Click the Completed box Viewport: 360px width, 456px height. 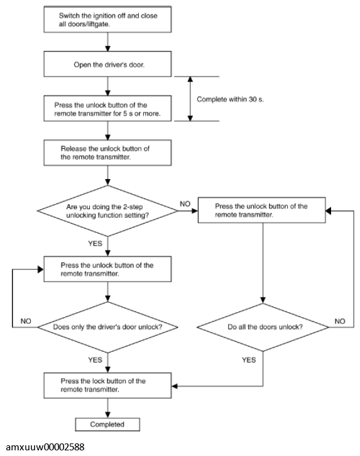107,425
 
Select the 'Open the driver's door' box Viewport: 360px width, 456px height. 107,64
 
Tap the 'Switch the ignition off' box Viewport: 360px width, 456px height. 107,19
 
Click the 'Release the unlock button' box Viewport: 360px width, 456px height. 107,153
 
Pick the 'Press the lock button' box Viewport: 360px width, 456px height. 107,385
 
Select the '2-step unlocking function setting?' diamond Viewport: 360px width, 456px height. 107,211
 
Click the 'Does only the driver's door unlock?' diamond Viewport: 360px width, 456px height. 107,327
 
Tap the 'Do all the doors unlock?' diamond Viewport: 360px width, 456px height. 263,327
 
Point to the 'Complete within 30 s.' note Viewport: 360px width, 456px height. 231,99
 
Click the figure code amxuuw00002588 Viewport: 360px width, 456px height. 45,447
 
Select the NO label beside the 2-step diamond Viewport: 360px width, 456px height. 185,204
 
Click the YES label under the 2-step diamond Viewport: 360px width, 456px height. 95,244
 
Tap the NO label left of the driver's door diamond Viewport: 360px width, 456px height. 26,321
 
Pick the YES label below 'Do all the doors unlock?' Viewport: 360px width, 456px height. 249,360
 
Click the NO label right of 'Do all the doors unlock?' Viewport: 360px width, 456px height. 340,321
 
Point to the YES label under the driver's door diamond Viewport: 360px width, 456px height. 95,360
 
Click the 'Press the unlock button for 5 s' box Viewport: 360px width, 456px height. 107,109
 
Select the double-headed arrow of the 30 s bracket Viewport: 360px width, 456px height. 190,99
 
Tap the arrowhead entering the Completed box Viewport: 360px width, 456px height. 107,415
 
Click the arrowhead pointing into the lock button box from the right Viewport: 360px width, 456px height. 175,386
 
